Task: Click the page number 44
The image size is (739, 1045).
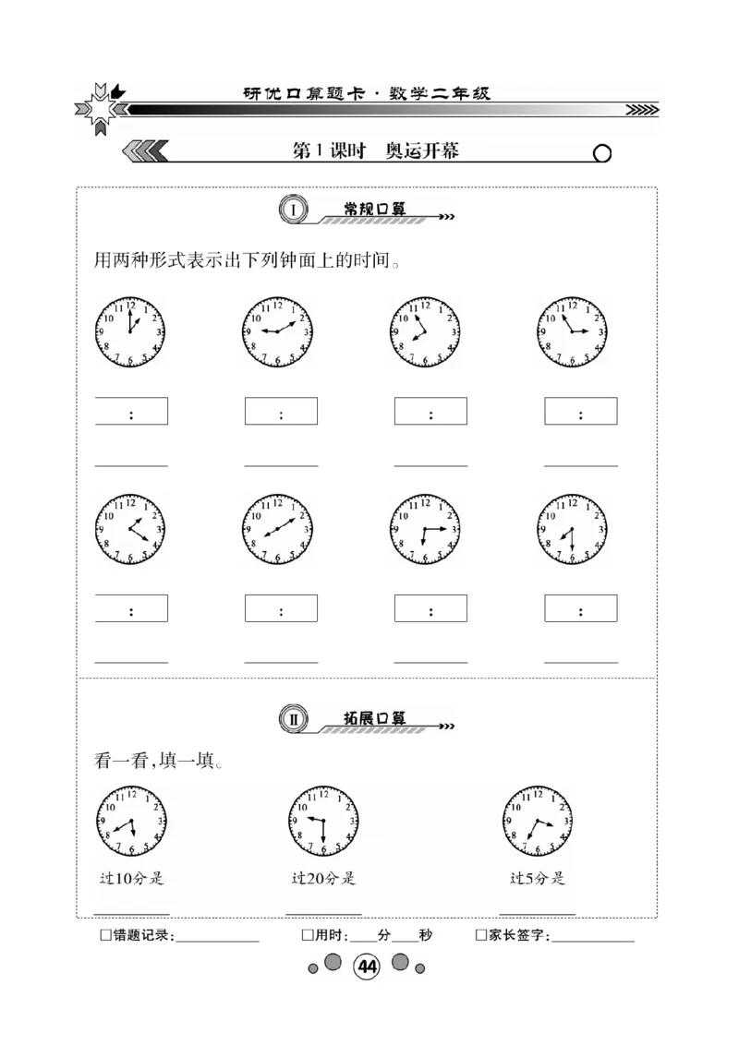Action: [367, 967]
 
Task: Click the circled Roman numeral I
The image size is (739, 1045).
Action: [293, 210]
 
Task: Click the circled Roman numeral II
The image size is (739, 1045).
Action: [293, 719]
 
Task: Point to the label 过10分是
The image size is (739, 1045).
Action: [131, 878]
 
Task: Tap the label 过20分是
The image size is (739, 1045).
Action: [323, 878]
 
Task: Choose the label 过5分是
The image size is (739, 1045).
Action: [538, 878]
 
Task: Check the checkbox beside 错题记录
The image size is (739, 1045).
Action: [104, 935]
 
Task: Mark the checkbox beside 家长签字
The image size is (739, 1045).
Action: [480, 935]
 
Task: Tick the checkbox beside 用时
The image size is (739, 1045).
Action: [307, 935]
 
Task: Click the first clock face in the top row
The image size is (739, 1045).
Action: [130, 331]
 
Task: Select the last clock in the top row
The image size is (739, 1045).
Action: [573, 331]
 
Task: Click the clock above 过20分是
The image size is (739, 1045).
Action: [323, 821]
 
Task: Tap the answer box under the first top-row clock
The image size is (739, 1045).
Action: [131, 411]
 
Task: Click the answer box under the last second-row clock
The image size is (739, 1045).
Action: [580, 608]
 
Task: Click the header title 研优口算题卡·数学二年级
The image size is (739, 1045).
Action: [366, 93]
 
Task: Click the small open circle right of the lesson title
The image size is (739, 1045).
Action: [601, 153]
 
